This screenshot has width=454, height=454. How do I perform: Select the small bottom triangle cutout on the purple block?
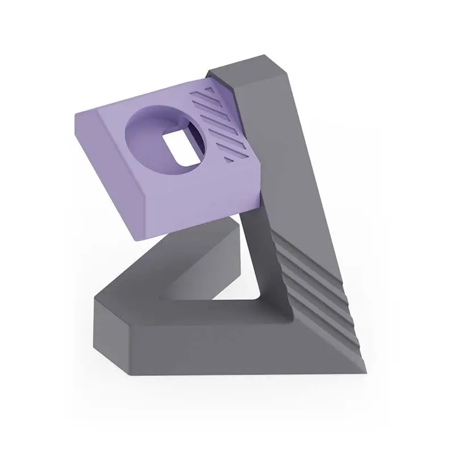point(229,160)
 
